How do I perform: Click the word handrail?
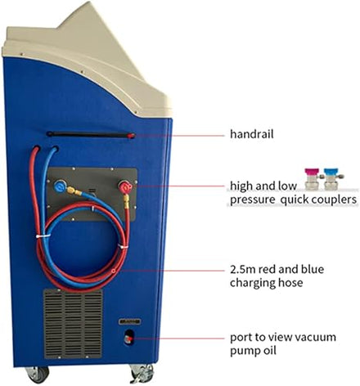251,134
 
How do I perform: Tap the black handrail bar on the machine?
90,134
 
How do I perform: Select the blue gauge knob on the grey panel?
59,186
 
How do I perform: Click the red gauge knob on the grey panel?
125,187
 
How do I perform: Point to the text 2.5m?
242,269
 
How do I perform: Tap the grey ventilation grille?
73,324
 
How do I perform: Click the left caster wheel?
38,374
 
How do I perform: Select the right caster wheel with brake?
142,374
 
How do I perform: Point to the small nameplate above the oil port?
129,321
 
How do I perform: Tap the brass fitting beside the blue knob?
74,191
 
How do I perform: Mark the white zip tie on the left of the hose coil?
43,235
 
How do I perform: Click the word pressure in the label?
252,200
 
